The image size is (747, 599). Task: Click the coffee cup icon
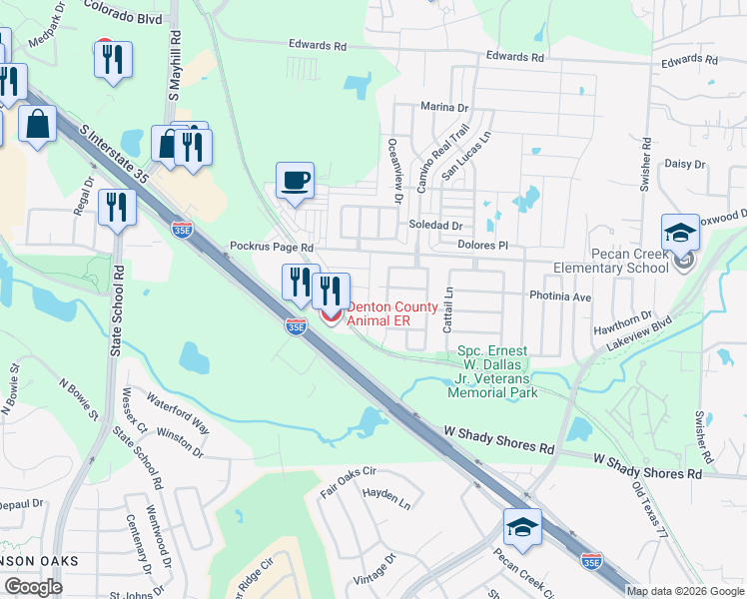295,181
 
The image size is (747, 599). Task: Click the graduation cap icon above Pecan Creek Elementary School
680,234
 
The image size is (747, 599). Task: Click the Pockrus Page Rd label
272,247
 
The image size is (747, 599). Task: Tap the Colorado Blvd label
123,17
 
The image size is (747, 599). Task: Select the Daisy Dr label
684,164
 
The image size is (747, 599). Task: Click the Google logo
33,587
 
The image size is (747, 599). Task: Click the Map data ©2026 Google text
684,591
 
